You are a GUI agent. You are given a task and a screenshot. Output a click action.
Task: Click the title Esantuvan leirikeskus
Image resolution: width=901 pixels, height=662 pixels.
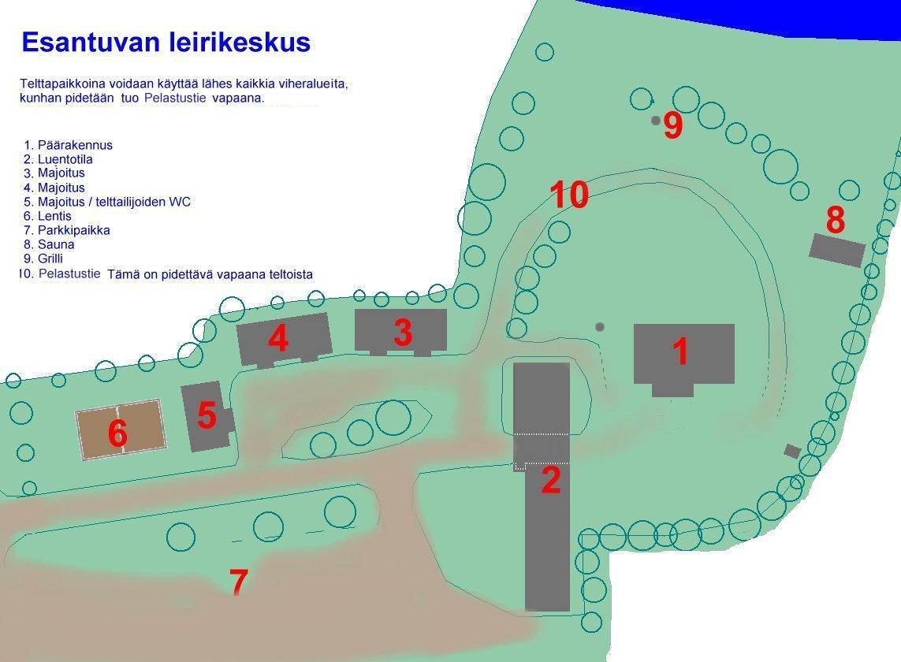(x=166, y=43)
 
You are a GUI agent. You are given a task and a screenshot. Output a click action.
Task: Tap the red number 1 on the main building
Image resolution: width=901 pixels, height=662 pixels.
(x=681, y=351)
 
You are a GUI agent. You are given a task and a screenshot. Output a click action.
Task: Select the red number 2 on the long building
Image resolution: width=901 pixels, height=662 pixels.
(x=551, y=480)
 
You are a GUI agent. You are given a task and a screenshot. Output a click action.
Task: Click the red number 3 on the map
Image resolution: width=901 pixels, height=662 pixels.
(x=403, y=332)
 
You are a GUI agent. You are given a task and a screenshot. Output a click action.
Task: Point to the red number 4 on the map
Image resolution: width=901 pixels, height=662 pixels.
(x=278, y=338)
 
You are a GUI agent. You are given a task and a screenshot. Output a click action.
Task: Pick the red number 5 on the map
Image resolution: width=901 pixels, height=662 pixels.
(x=207, y=415)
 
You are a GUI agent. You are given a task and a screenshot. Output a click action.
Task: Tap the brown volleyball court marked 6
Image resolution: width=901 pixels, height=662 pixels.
(x=121, y=430)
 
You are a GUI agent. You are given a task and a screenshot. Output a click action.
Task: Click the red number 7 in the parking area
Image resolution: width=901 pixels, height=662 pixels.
(x=239, y=581)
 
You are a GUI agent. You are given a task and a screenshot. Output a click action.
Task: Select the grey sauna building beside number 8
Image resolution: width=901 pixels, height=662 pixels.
(x=837, y=250)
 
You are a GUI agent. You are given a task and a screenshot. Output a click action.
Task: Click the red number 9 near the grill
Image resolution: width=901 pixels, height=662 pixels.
(x=673, y=125)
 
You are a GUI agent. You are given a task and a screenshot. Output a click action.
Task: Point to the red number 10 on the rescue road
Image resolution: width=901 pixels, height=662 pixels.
(x=569, y=194)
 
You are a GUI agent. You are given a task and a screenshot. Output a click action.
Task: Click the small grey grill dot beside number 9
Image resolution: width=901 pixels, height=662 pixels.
(x=656, y=121)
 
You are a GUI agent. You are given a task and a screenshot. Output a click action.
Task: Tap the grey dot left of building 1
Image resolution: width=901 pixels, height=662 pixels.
(x=600, y=327)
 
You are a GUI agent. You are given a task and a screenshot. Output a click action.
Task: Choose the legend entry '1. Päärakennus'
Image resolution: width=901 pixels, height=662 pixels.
(x=68, y=145)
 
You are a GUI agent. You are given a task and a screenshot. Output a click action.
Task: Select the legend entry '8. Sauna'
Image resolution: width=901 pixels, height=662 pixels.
(x=49, y=245)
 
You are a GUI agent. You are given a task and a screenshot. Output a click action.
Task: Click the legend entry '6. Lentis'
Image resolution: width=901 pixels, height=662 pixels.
(x=48, y=216)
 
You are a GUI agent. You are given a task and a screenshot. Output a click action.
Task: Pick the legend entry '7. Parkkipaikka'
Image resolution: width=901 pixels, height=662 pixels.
(x=67, y=230)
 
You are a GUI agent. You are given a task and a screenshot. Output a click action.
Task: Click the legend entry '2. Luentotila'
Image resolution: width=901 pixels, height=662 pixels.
(x=58, y=160)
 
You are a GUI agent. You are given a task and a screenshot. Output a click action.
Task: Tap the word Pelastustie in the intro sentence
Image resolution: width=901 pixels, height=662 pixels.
(x=175, y=98)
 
